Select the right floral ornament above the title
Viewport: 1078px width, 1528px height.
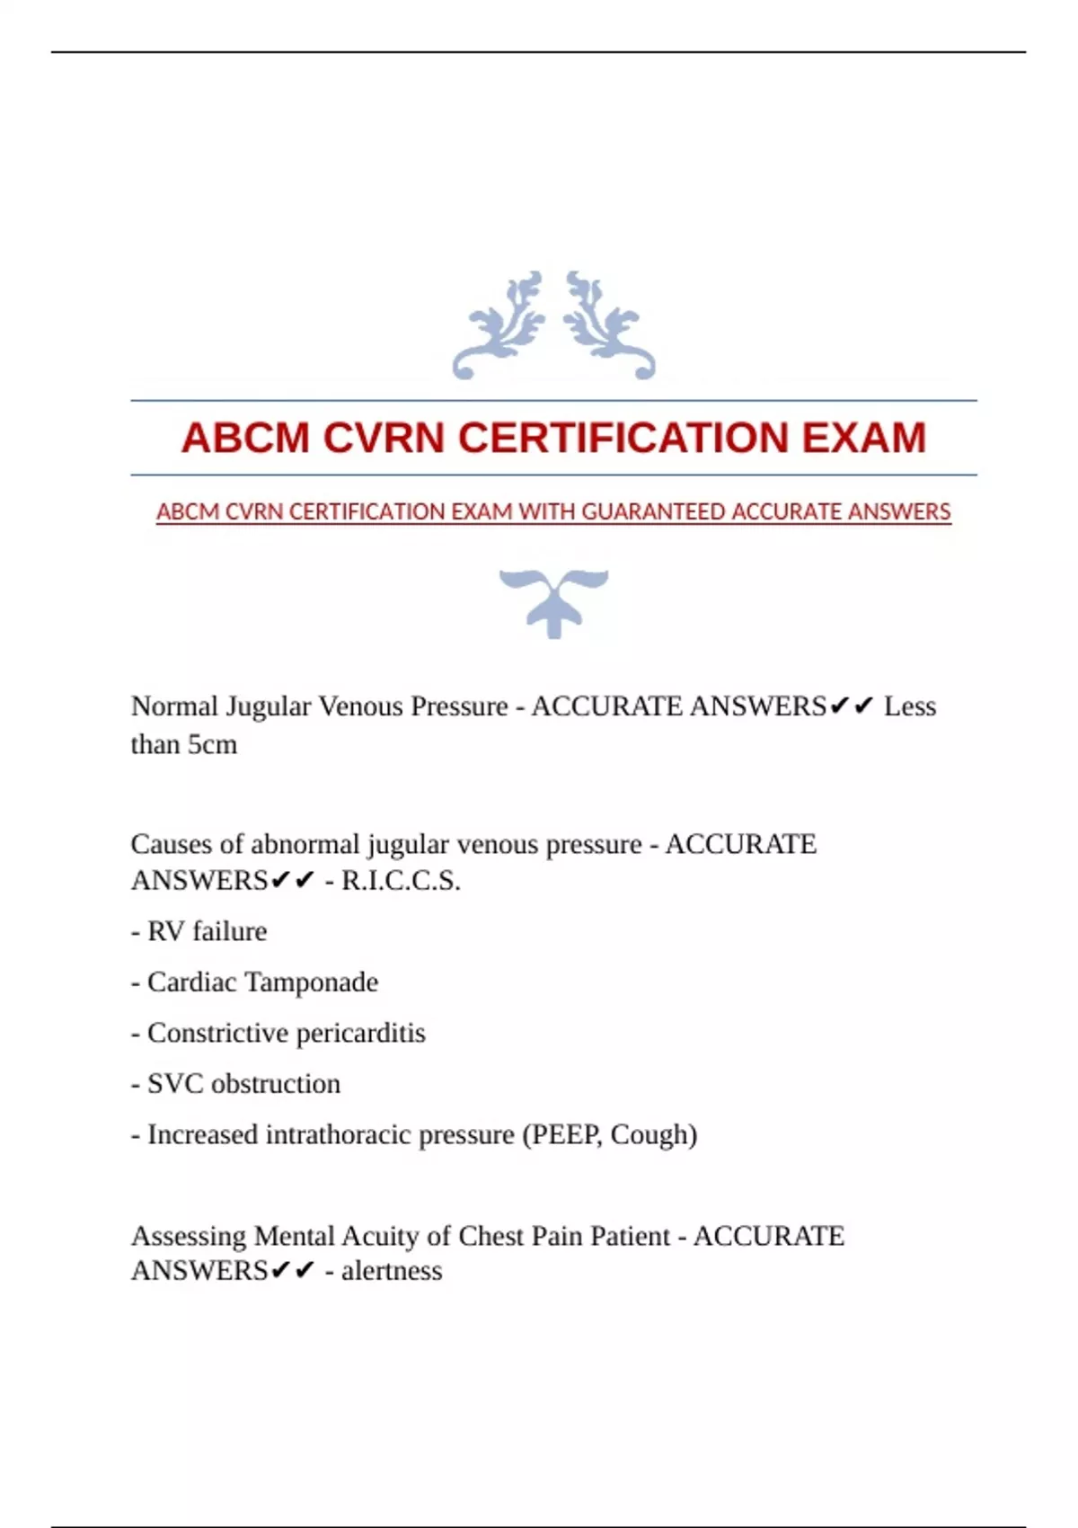coord(608,325)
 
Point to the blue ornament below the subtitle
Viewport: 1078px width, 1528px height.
coord(554,601)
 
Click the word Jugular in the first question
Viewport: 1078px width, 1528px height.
coord(267,706)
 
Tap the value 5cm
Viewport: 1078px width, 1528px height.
coord(212,745)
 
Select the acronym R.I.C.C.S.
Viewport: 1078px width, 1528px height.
coord(401,881)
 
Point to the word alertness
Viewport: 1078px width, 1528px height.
coord(392,1271)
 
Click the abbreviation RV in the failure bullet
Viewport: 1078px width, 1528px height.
coord(165,932)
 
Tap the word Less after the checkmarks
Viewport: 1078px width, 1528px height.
coord(909,706)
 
